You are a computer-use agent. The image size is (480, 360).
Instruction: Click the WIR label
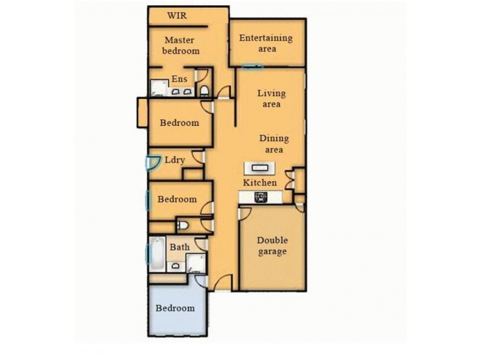177,16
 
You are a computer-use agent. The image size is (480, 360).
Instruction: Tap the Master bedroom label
181,46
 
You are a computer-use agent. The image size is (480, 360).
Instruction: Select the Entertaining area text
266,43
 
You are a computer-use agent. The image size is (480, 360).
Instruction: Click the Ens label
179,79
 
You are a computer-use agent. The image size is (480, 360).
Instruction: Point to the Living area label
272,98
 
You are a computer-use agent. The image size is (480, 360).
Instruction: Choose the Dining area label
274,144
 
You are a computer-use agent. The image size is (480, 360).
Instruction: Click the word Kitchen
260,183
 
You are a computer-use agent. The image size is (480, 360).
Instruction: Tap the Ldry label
175,160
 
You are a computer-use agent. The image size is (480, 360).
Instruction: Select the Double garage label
272,246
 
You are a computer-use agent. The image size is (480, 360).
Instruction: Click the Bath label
179,247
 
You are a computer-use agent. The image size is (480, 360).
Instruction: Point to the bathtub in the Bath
157,254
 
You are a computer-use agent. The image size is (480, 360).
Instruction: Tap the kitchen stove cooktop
261,197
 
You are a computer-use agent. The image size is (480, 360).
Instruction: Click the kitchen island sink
260,168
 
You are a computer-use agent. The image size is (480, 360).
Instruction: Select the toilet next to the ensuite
204,91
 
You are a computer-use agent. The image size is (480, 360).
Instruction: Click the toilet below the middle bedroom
183,226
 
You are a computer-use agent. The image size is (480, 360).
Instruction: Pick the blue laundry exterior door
152,163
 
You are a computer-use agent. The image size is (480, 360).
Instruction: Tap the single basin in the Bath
175,266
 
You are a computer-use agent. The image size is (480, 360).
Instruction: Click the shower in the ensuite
159,88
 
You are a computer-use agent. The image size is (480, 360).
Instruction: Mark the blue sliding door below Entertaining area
252,67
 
